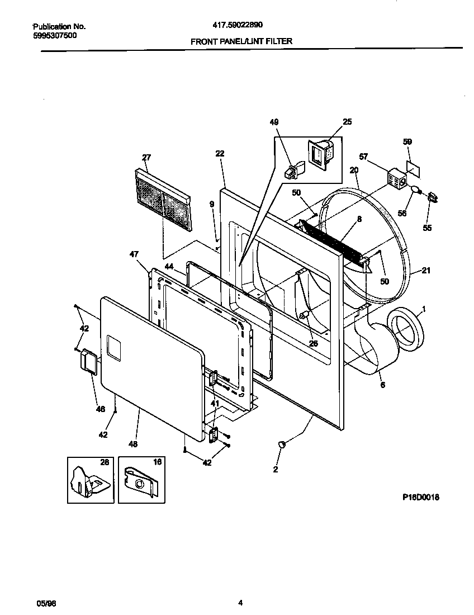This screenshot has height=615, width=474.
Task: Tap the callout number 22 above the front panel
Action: coord(220,153)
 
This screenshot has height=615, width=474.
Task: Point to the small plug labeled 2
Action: coord(282,443)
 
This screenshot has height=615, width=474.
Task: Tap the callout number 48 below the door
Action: coord(133,444)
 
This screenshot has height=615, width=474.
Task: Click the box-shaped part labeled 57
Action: coord(397,178)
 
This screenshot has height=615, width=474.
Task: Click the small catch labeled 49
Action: coord(293,171)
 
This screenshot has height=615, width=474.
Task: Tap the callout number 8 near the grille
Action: coord(359,219)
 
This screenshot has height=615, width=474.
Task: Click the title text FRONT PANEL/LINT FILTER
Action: coord(241,41)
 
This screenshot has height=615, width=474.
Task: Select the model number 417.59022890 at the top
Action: coord(238,25)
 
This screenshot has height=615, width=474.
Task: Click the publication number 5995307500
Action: coord(55,35)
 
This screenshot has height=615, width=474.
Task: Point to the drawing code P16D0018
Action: coord(420,496)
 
